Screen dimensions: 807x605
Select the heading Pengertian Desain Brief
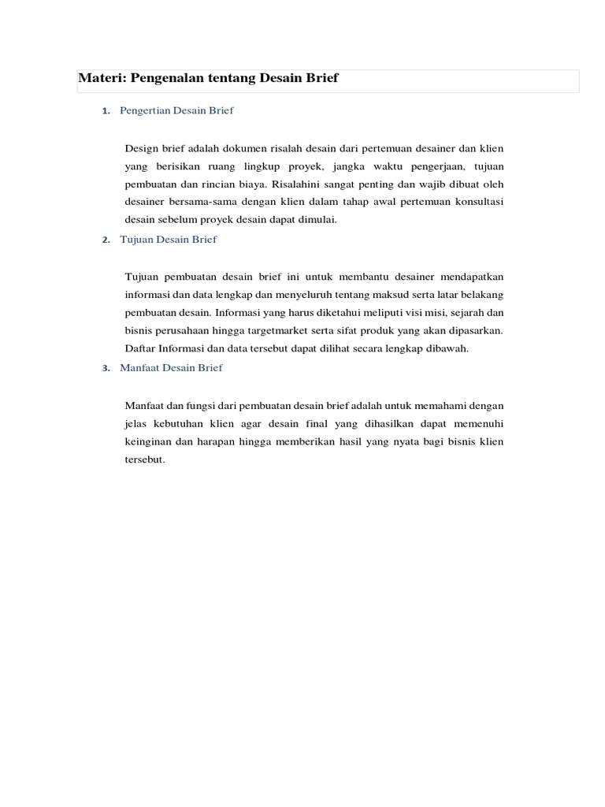(x=176, y=110)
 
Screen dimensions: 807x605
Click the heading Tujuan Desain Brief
(x=168, y=239)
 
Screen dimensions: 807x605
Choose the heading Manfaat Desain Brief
(x=171, y=367)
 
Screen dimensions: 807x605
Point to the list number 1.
(x=106, y=111)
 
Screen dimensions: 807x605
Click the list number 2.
(x=106, y=240)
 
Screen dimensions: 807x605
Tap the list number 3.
(x=106, y=368)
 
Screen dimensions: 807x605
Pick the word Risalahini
(x=296, y=184)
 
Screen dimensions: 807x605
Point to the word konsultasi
(x=477, y=202)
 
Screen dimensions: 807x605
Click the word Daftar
(x=139, y=348)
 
